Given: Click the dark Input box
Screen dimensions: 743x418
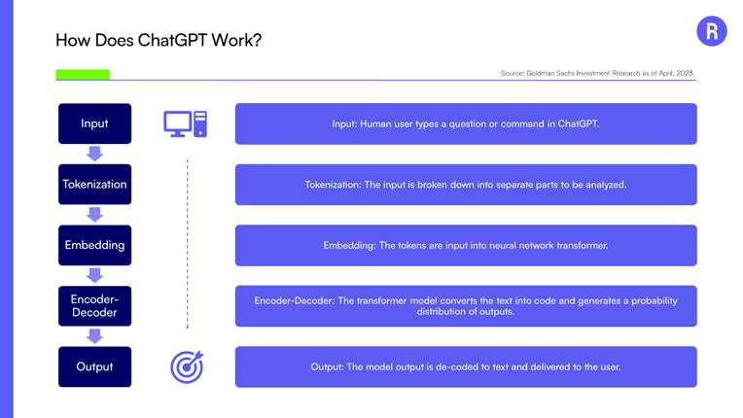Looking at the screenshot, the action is click(94, 123).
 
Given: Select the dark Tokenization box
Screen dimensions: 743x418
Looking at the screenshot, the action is click(94, 184).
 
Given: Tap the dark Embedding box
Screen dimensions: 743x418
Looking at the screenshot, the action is click(94, 245).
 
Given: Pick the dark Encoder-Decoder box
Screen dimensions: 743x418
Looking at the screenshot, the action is click(94, 306).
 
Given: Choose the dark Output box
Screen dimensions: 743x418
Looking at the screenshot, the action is click(94, 366).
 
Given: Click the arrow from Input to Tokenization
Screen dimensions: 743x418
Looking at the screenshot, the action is click(94, 154).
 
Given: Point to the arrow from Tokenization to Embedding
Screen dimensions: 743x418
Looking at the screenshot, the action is click(94, 215).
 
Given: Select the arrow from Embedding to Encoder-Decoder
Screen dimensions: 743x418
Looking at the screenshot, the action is click(94, 275).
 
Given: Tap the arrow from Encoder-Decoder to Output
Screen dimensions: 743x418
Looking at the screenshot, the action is click(94, 336).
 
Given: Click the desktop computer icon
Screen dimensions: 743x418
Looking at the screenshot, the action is click(186, 124).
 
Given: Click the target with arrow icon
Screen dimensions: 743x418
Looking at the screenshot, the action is click(187, 366).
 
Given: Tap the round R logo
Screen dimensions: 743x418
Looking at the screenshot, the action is click(712, 31).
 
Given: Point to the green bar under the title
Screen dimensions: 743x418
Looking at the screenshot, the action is click(83, 74).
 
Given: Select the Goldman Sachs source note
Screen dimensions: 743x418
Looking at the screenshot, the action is click(597, 73).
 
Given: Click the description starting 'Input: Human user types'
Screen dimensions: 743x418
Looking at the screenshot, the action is click(466, 124).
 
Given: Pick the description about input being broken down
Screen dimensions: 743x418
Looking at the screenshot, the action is click(466, 185).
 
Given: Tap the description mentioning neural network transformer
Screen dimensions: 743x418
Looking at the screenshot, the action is click(466, 245).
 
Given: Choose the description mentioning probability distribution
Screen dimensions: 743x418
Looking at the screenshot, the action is click(466, 306).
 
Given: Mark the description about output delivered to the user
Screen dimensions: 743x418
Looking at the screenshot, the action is click(466, 366).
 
